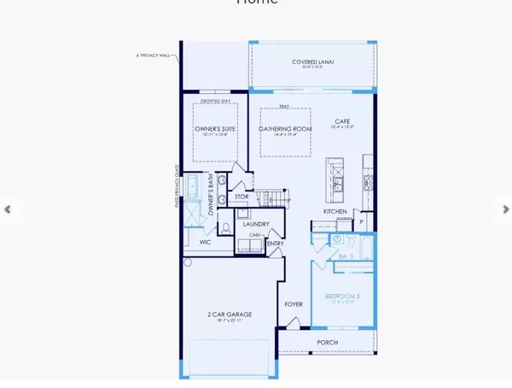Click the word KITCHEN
[335, 211]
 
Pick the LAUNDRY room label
[256, 225]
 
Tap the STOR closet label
[241, 197]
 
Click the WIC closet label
[205, 242]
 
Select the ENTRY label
[276, 244]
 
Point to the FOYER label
[294, 303]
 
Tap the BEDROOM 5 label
[343, 297]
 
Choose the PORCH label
[327, 343]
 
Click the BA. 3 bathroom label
[346, 255]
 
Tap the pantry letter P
[361, 221]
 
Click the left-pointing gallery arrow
[8, 209]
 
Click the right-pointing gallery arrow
[505, 209]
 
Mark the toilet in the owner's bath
[225, 228]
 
